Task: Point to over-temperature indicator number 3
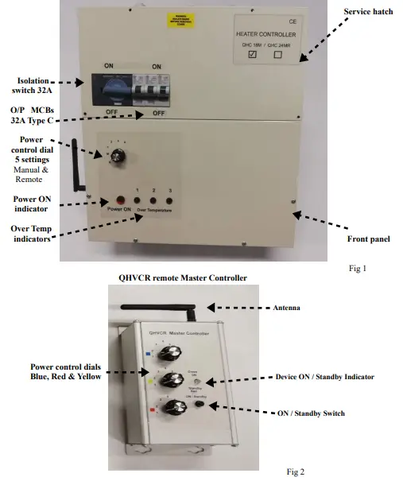(169, 201)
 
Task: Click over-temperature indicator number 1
(138, 201)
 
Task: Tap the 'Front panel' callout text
(368, 239)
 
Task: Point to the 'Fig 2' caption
(295, 472)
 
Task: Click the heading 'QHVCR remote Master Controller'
(182, 278)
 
